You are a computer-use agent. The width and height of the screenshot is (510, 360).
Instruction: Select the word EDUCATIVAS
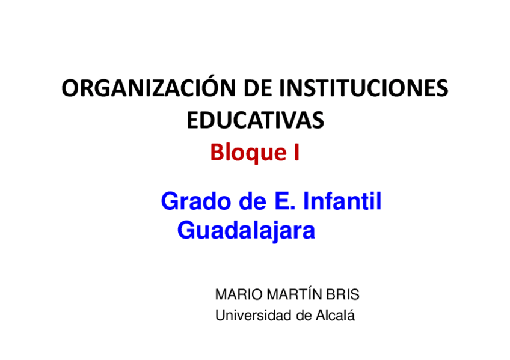(x=255, y=120)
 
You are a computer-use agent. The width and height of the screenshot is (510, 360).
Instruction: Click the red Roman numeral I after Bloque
(x=296, y=153)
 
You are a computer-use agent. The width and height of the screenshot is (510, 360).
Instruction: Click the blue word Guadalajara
(x=247, y=231)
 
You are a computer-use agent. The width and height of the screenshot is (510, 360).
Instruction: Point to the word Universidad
(x=251, y=315)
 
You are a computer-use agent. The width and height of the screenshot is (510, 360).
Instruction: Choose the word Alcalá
(x=334, y=315)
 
